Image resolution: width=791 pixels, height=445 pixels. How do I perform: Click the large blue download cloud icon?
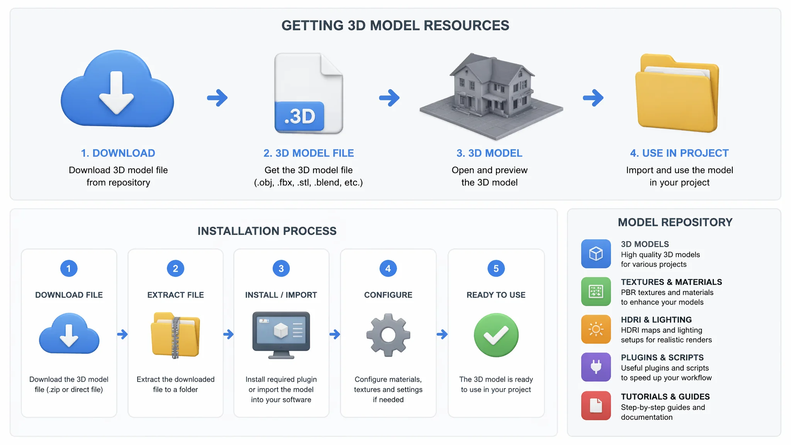point(117,89)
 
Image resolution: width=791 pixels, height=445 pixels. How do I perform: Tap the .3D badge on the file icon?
point(299,116)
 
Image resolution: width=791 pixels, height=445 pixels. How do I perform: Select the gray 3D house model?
point(491,97)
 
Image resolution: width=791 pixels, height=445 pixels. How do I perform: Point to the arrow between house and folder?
point(593,98)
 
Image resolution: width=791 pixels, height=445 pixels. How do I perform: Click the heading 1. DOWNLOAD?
point(118,153)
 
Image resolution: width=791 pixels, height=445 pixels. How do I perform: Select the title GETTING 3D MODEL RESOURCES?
point(395,25)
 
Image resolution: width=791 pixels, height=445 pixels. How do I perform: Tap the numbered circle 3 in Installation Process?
point(281,268)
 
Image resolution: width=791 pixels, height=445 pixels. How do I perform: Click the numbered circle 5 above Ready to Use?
point(496,268)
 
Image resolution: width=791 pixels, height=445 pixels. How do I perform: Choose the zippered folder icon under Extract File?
point(175,335)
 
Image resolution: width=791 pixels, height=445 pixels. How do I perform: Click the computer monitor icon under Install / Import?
point(281,335)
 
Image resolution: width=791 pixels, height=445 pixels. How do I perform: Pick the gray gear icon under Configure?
point(388,335)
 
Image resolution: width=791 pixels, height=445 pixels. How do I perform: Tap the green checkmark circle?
point(496,335)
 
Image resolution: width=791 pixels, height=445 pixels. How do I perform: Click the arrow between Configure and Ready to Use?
point(442,334)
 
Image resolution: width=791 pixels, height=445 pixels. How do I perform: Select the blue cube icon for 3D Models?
point(596,254)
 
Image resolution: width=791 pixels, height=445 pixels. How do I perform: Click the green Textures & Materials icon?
point(596,292)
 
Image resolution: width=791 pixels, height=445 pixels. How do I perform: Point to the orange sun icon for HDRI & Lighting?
point(596,330)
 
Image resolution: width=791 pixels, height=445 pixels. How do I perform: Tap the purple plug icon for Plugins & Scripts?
point(596,367)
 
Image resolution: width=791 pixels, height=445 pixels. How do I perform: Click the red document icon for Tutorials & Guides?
point(596,406)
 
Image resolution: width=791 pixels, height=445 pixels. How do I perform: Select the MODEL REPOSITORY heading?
point(675,222)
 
